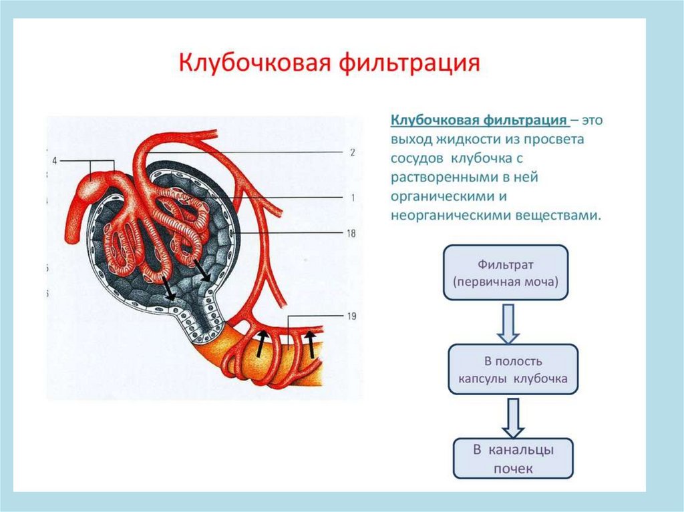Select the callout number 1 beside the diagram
(351, 198)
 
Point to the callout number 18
(352, 233)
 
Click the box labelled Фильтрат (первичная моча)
(505, 272)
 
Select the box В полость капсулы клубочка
(512, 369)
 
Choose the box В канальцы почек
(513, 458)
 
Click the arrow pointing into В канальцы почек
(512, 416)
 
